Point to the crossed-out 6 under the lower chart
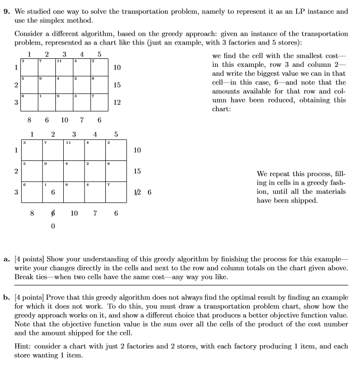[x=53, y=214]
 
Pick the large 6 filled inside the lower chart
[x=52, y=193]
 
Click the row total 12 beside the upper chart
[x=117, y=102]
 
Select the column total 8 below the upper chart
[x=30, y=120]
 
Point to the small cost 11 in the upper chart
[x=58, y=61]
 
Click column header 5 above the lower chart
[x=116, y=134]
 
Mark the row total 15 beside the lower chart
[x=137, y=171]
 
